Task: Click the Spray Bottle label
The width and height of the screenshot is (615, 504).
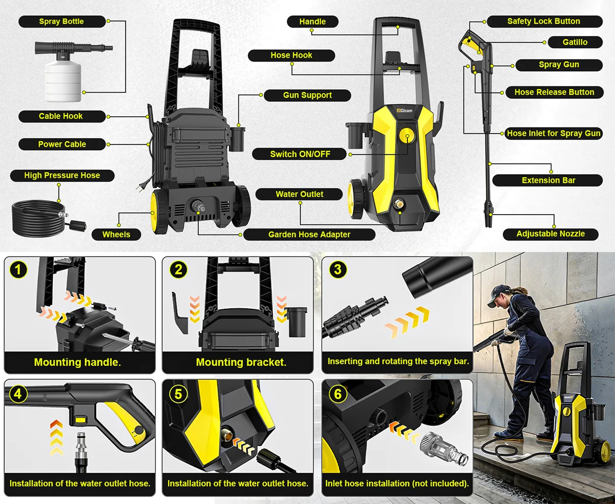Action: point(61,22)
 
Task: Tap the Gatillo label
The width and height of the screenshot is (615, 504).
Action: point(575,43)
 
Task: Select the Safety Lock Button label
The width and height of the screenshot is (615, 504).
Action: point(544,22)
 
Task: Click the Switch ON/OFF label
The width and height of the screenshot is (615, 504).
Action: point(300,154)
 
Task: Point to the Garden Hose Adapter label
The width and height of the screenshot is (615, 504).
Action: point(309,235)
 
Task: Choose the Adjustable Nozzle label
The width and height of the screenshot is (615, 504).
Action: point(550,234)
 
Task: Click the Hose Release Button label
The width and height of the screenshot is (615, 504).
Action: point(554,92)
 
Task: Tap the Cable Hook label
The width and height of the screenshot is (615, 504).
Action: point(61,116)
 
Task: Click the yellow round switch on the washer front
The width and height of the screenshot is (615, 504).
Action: point(407,136)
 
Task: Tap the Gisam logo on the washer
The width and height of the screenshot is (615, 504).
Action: point(404,111)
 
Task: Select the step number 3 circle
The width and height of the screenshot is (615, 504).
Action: point(338,269)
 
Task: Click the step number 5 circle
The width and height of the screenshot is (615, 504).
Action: point(178,394)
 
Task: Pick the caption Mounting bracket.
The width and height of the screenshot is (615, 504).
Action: point(241,362)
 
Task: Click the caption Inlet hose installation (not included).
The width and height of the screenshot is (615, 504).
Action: point(397,484)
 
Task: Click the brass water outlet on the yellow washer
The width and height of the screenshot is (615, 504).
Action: point(398,203)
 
